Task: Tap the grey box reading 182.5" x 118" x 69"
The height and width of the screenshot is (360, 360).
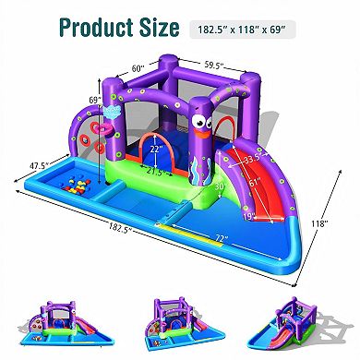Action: coord(246,30)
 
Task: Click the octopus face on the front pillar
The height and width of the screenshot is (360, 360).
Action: coord(203,120)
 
